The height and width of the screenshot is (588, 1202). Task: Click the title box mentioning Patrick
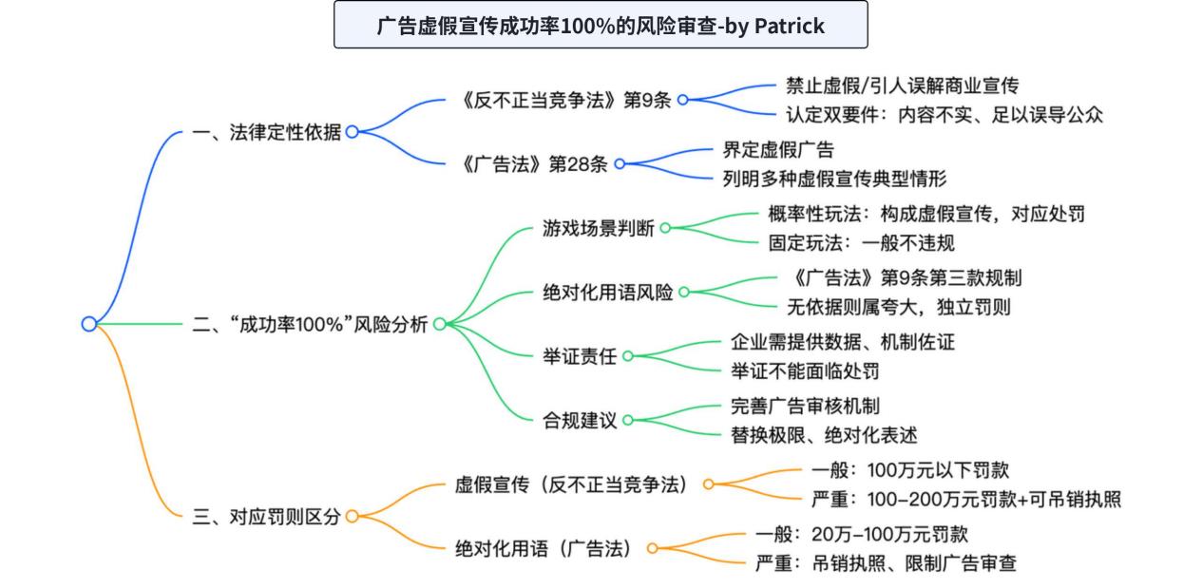tap(601, 25)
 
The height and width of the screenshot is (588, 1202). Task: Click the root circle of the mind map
tap(89, 324)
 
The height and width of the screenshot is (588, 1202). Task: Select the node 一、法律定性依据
tap(267, 132)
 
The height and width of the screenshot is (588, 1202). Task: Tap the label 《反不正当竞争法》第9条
tap(566, 101)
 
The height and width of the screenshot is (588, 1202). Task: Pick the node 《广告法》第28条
tap(534, 164)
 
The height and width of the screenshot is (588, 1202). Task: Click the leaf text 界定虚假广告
tap(778, 150)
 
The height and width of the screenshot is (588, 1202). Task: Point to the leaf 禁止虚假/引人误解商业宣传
tap(902, 85)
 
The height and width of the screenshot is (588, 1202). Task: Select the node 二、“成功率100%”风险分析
tap(310, 324)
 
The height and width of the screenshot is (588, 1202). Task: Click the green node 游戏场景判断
tap(598, 228)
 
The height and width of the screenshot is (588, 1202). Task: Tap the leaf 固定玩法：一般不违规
tap(861, 243)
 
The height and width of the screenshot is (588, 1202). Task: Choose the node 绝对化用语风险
tap(607, 293)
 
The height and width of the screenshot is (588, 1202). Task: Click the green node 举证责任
tap(580, 356)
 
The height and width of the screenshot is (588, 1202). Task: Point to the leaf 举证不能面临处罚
tap(805, 371)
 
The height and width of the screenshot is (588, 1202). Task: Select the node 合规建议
tap(580, 421)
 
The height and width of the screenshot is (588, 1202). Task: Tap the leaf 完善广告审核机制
tap(805, 407)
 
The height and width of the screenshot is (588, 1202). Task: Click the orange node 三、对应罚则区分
tap(267, 517)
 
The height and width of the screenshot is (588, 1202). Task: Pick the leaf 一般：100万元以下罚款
tap(910, 470)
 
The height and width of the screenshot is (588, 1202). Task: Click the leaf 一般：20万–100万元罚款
tap(861, 535)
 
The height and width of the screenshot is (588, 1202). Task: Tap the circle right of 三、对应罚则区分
tap(352, 516)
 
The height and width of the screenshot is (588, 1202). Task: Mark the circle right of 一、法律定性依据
tap(352, 131)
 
